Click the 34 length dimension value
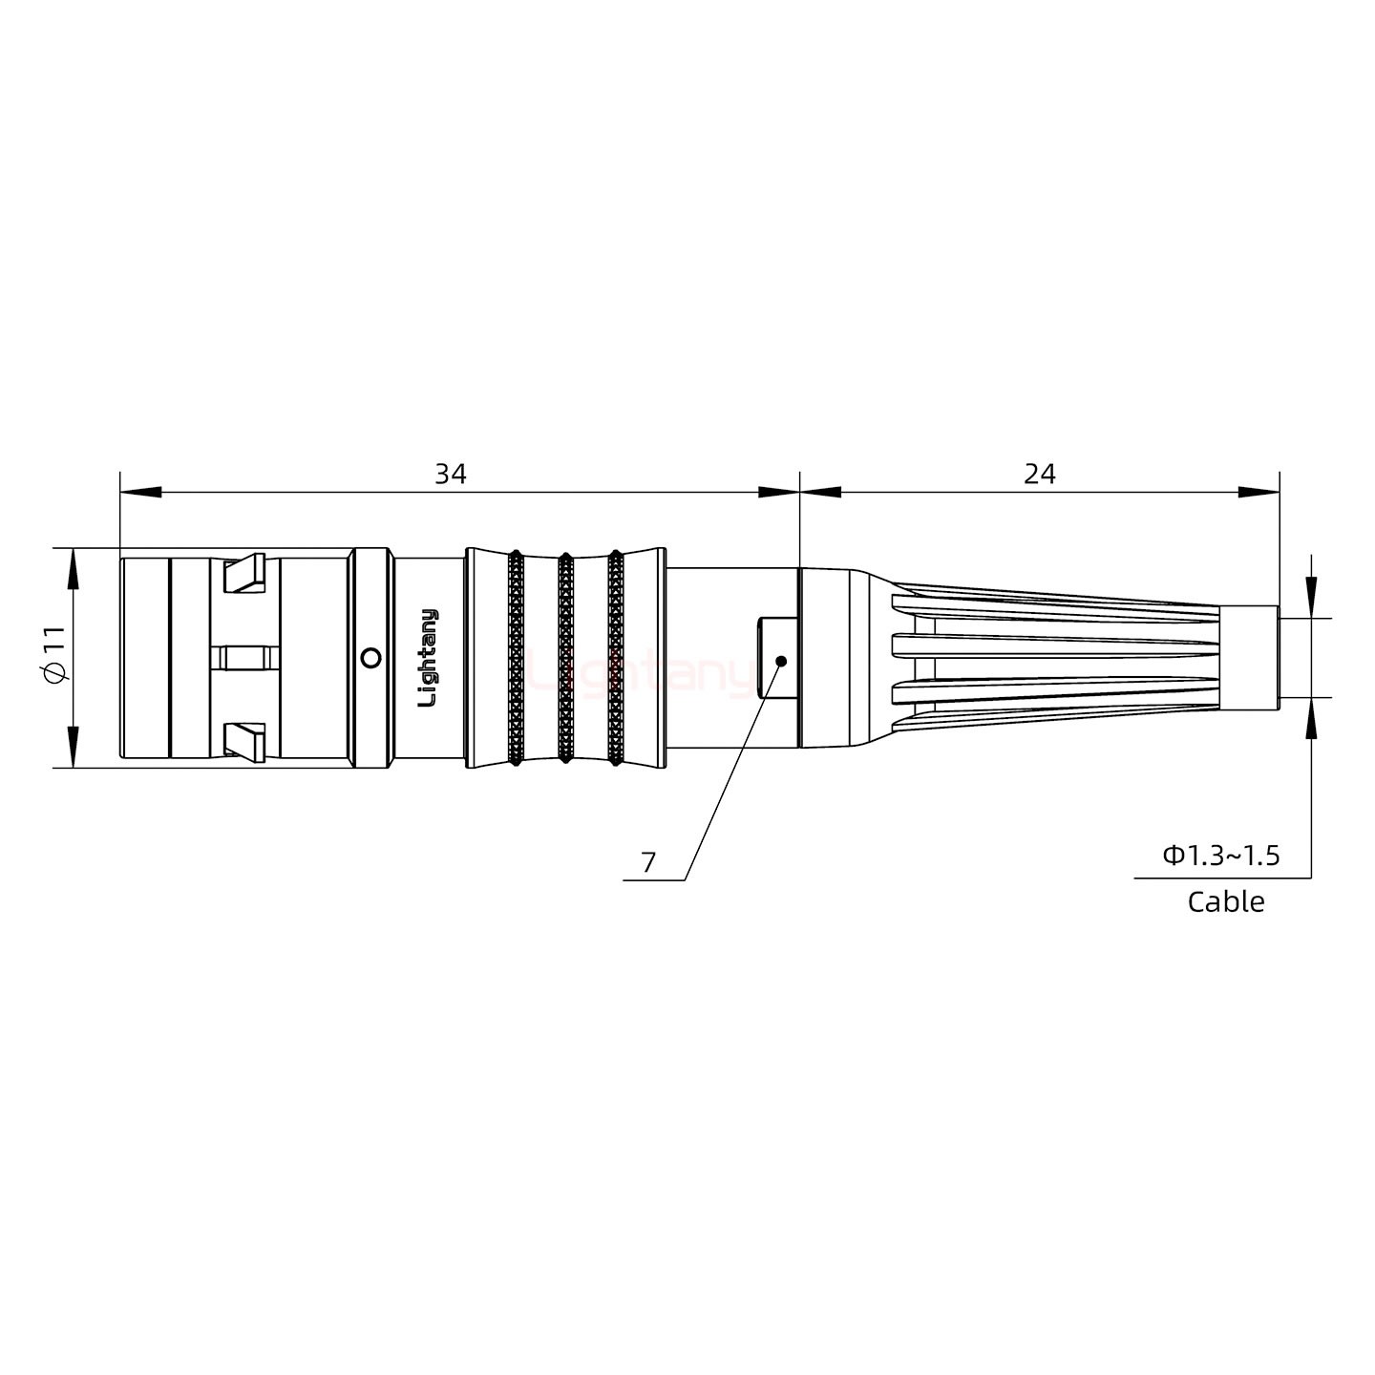click(x=451, y=474)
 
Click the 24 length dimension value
click(x=1040, y=474)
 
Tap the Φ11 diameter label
click(x=54, y=655)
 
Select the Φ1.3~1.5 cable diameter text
click(x=1221, y=856)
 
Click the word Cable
click(x=1226, y=902)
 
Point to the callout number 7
click(x=649, y=863)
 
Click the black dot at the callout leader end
click(x=781, y=661)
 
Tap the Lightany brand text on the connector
click(x=430, y=658)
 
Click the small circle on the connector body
click(x=371, y=658)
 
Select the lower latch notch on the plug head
click(x=243, y=742)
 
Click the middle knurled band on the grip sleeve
click(x=565, y=658)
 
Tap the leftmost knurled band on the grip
click(x=516, y=658)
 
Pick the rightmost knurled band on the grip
click(x=615, y=658)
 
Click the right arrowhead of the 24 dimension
click(x=1259, y=493)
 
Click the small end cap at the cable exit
click(x=1250, y=658)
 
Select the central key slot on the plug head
click(x=244, y=658)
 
